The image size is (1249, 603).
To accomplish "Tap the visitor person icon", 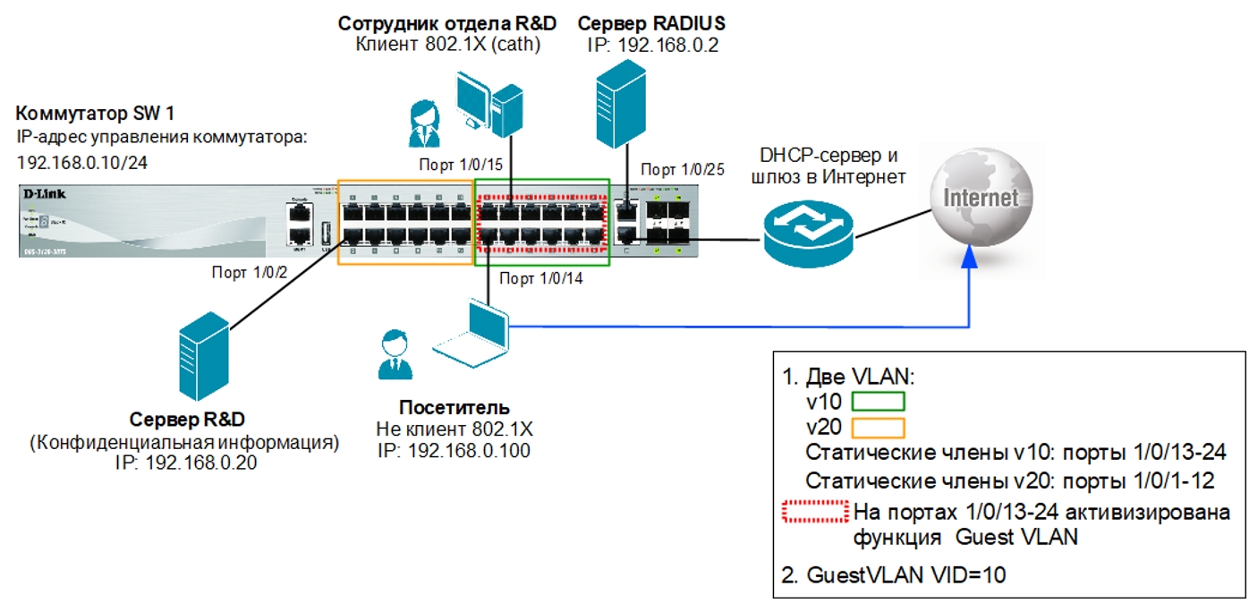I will coord(391,354).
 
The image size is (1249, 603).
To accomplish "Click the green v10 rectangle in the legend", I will coord(878,401).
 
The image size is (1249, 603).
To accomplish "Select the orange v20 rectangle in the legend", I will coord(878,427).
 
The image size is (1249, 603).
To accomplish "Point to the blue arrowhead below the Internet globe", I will coord(969,257).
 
